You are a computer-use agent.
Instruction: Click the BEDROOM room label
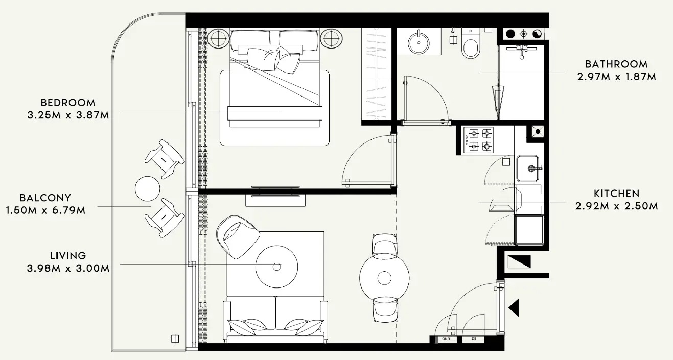tap(68, 103)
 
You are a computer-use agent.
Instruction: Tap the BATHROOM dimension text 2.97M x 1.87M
tap(616, 77)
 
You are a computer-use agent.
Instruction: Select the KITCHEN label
tap(616, 194)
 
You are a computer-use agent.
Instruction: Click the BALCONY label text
tap(45, 198)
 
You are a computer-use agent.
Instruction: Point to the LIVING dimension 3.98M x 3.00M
tap(68, 269)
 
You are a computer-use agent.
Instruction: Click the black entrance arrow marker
tap(514, 307)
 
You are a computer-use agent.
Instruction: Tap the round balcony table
tap(147, 188)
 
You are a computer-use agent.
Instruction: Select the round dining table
tap(384, 278)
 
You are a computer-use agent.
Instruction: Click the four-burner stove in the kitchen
tap(479, 140)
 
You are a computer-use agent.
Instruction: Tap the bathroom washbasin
tap(419, 41)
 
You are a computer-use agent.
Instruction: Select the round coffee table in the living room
tap(276, 266)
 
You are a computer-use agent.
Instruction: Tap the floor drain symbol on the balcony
tap(175, 338)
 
